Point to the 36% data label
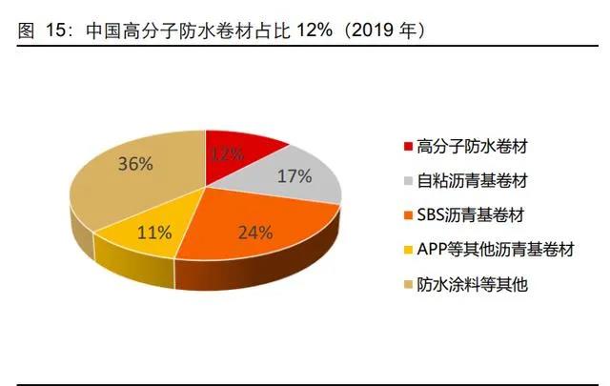point(135,163)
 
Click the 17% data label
point(295,175)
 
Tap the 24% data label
point(255,232)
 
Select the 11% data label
point(154,231)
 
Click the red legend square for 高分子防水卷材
point(409,147)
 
